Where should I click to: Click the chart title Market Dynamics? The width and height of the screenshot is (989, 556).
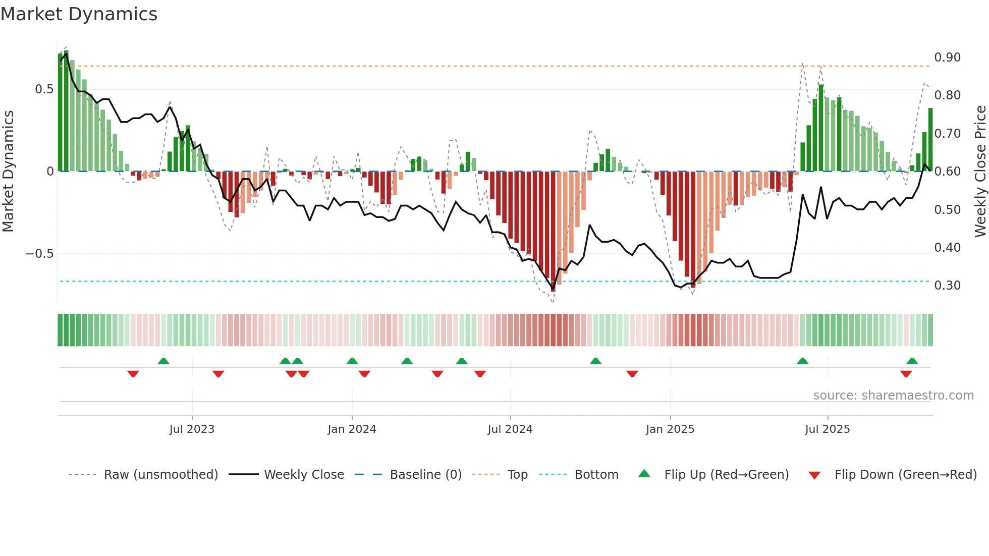[79, 14]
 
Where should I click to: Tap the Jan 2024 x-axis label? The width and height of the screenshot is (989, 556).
[352, 429]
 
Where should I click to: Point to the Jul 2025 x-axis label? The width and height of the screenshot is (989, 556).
[827, 429]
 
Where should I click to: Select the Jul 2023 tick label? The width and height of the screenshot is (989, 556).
[192, 429]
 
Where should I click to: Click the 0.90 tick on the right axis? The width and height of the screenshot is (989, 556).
[947, 58]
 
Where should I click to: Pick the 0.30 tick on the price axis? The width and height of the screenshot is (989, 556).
[947, 286]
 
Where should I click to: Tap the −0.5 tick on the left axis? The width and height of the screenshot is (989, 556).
[40, 254]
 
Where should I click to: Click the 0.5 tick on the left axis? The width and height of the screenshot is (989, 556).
[44, 89]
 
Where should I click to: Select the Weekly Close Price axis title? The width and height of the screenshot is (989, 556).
[980, 172]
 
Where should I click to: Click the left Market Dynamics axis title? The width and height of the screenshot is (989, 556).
[8, 172]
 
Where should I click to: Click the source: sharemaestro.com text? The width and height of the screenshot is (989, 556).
[893, 396]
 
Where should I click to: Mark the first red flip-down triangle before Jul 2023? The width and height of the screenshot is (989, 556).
[133, 374]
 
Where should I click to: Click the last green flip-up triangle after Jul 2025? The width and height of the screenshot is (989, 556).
[912, 361]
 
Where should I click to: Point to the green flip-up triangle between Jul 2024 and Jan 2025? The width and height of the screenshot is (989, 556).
[595, 361]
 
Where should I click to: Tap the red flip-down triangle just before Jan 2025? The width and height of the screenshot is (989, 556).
[632, 374]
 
